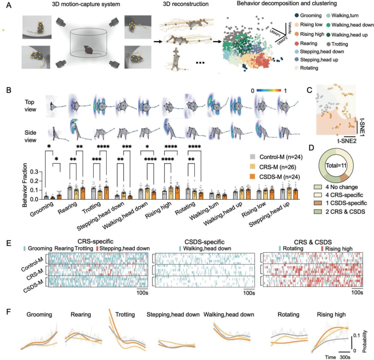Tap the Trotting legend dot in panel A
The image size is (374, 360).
click(329, 44)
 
